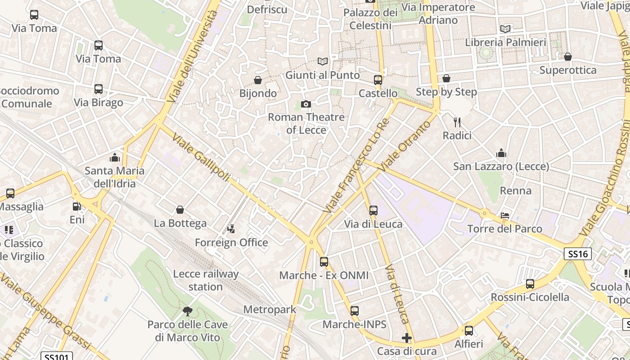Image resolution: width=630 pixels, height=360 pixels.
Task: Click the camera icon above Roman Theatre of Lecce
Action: click(x=306, y=104)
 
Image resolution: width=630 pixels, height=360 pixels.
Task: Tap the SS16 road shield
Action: click(x=578, y=254)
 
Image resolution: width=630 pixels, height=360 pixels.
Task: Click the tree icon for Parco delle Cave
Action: click(x=188, y=311)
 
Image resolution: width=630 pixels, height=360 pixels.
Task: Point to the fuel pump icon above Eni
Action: click(x=77, y=207)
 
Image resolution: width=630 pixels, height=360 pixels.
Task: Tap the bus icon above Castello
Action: click(x=378, y=80)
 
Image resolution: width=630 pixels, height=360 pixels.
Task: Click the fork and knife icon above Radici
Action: click(x=457, y=122)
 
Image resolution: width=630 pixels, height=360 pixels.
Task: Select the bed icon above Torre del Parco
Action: click(x=505, y=216)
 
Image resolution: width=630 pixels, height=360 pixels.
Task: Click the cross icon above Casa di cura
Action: click(x=407, y=338)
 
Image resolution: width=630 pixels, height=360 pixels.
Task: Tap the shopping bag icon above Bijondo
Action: click(x=258, y=80)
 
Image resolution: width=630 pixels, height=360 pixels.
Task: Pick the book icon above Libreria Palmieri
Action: click(x=505, y=29)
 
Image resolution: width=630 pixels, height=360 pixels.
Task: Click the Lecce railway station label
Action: click(x=206, y=280)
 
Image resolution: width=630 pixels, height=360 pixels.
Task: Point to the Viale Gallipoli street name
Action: click(x=201, y=158)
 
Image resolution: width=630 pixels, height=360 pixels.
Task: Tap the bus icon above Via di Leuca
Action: click(x=373, y=210)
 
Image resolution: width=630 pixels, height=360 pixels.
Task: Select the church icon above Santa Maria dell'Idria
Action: click(x=115, y=157)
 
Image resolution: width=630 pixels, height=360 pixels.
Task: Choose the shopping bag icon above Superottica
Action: click(x=568, y=57)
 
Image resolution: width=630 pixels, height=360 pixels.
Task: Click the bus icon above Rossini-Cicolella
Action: click(x=530, y=284)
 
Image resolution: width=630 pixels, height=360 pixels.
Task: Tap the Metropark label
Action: click(x=270, y=309)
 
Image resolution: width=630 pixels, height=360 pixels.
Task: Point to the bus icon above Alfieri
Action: click(x=469, y=331)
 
